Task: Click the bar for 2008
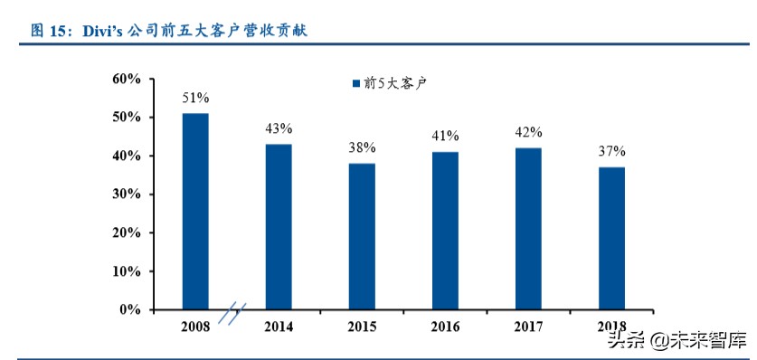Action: (x=195, y=211)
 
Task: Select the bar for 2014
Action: (x=279, y=226)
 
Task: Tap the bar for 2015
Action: (x=362, y=236)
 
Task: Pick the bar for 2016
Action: (x=445, y=230)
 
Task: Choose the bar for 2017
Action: (x=528, y=228)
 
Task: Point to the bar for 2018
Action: (x=611, y=238)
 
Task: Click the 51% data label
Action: (x=195, y=97)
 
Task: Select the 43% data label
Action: (x=279, y=128)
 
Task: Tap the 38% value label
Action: (x=362, y=147)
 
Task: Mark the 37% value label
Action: (x=611, y=151)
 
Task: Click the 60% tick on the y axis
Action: (x=127, y=80)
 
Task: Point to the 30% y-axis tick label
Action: (x=127, y=194)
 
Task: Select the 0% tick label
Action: (x=130, y=310)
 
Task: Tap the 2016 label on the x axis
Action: (x=445, y=327)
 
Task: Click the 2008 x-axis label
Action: (x=195, y=327)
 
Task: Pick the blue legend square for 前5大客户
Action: (x=355, y=83)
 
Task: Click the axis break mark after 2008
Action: (x=232, y=312)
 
